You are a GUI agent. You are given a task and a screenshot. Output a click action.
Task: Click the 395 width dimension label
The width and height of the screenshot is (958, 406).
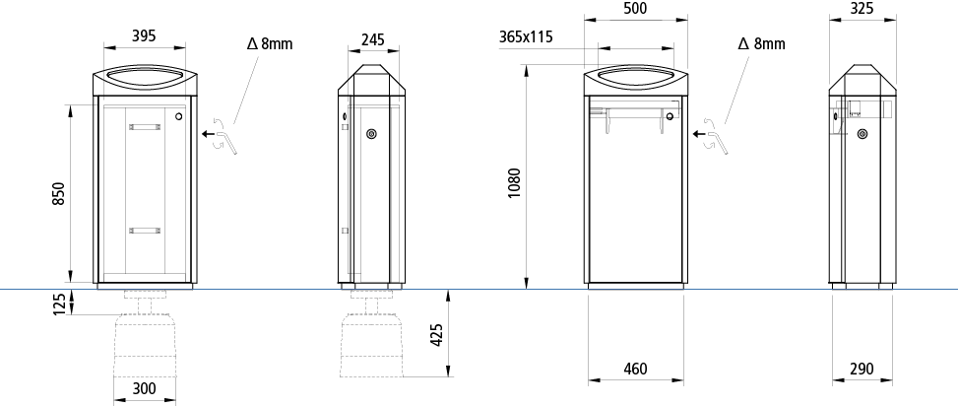(145, 36)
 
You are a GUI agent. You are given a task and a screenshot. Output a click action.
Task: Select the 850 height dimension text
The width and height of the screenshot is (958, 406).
(58, 193)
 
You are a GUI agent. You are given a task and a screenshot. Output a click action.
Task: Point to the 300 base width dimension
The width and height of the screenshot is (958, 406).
(145, 388)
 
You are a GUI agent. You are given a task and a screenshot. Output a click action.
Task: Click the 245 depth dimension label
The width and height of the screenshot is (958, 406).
(371, 39)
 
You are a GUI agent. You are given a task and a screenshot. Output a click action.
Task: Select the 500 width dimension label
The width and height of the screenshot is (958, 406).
(635, 8)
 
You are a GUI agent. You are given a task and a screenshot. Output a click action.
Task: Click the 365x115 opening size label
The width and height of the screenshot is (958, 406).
(526, 37)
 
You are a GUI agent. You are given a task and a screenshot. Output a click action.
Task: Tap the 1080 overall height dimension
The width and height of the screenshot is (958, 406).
(514, 182)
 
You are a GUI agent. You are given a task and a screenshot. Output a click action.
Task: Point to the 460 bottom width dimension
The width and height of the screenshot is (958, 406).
(635, 370)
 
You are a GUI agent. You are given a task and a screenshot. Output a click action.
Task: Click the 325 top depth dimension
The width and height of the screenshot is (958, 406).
(862, 8)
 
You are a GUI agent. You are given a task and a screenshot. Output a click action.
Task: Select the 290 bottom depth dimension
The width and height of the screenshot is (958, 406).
(861, 370)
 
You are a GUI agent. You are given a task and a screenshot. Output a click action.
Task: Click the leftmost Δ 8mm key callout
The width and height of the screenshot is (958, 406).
(269, 43)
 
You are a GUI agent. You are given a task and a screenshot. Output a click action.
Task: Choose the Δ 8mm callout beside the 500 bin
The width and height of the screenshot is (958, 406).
(761, 43)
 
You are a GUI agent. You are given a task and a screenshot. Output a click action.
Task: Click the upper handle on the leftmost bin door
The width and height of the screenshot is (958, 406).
(144, 125)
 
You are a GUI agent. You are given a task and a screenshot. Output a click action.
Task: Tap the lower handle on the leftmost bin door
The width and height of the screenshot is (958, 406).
(144, 230)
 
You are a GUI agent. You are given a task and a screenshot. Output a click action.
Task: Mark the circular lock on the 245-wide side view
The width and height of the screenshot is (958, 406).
(371, 134)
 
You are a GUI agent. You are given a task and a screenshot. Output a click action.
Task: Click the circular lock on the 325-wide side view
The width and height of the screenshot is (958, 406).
(862, 134)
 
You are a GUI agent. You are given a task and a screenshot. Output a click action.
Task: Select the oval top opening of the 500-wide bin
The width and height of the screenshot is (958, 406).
(635, 75)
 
